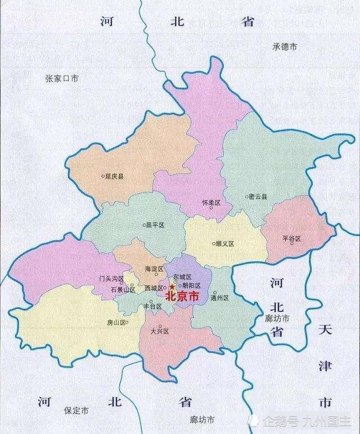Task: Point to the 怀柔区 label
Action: [x=211, y=202]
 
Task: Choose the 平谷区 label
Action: [x=292, y=239]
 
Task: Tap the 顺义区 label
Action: [x=224, y=244]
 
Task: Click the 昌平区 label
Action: [x=154, y=225]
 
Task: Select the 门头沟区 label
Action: [x=111, y=279]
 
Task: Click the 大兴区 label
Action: [x=160, y=332]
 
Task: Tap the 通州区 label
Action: [x=219, y=298]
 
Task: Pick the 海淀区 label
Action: [x=154, y=269]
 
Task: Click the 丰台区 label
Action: [x=152, y=307]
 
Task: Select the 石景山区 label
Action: [x=122, y=290]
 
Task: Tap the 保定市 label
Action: [x=76, y=411]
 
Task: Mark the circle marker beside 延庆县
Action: [x=102, y=176]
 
